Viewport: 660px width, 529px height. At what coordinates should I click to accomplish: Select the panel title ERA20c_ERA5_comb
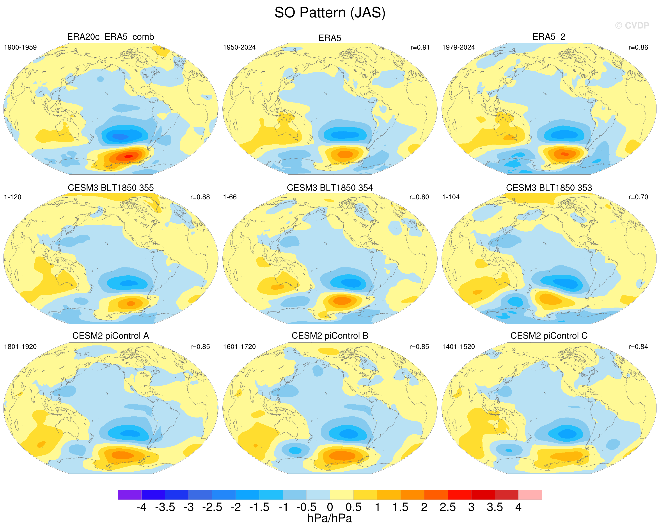coord(110,37)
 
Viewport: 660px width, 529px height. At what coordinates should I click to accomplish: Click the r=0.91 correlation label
coord(420,47)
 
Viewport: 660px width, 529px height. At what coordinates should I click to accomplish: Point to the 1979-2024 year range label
coord(458,47)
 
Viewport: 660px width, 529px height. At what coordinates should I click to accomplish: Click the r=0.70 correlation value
coord(638,197)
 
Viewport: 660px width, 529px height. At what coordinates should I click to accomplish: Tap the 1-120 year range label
coord(12,197)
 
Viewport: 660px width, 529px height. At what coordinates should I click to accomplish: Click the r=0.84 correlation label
coord(638,347)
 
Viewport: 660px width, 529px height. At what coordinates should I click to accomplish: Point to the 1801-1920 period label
coord(20,347)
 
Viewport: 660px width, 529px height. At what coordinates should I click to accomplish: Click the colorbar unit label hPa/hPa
coord(330,518)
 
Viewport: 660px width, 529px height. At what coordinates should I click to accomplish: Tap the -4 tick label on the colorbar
coord(141,507)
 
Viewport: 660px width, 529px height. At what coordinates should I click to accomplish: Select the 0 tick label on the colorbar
coord(330,507)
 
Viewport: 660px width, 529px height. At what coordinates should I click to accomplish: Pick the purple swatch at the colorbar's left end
coord(130,495)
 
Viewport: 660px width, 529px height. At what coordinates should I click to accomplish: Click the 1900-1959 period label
coord(20,47)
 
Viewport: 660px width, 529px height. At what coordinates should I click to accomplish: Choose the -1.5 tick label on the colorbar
coord(259,507)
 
